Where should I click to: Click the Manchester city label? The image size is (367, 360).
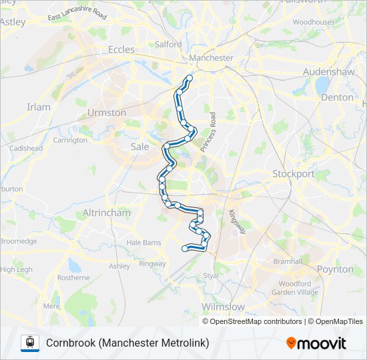(x=211, y=58)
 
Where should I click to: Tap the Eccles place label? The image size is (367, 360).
(x=121, y=49)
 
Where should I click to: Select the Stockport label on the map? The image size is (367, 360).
(x=293, y=174)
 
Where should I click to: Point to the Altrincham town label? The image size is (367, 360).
(x=106, y=213)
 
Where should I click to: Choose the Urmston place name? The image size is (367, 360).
(x=107, y=113)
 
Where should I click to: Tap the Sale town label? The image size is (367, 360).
(x=140, y=147)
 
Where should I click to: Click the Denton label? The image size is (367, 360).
(x=337, y=97)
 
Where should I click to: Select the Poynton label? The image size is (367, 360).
(x=335, y=269)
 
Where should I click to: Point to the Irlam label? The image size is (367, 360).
(x=38, y=107)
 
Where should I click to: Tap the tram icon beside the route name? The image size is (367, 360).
(x=29, y=343)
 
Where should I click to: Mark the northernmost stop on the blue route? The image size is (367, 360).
(x=189, y=79)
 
